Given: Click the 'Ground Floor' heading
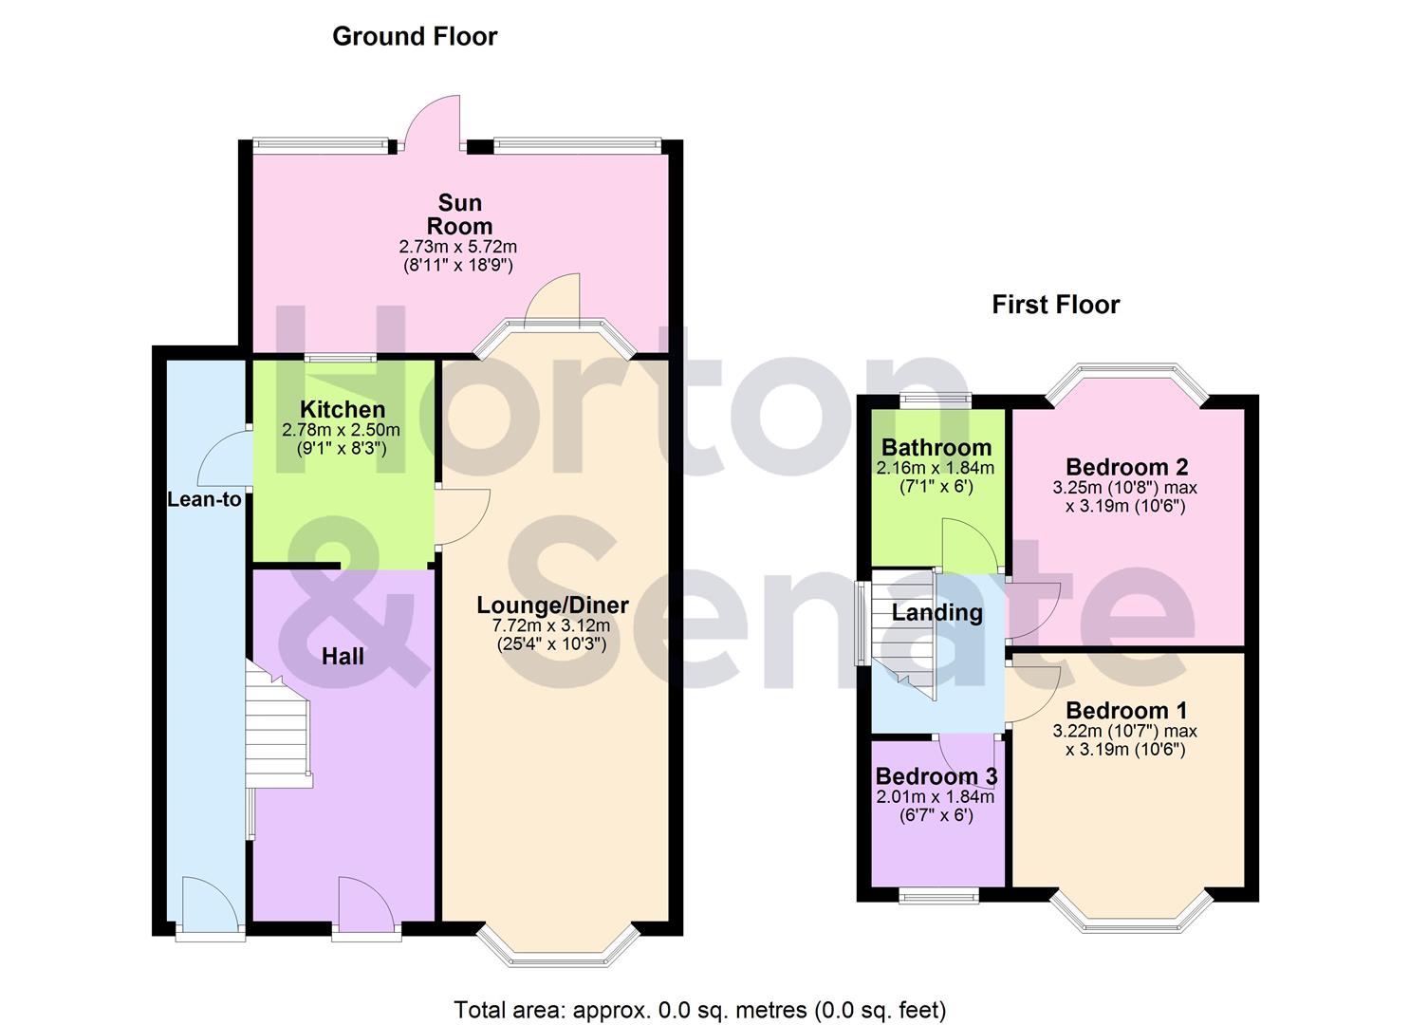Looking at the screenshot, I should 415,37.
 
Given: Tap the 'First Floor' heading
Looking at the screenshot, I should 1055,305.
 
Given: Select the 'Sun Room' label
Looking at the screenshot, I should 459,214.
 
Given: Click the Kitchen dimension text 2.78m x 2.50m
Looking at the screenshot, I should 342,430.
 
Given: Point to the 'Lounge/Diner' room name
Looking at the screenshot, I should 552,606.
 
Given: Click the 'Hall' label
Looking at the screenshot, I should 343,656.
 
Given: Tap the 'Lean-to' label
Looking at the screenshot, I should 204,499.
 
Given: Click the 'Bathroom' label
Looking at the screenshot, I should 936,448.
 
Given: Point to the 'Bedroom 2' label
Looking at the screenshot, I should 1126,467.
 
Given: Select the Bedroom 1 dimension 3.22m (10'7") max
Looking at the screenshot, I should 1124,732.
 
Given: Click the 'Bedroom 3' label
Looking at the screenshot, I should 936,776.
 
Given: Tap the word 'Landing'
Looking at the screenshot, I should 936,612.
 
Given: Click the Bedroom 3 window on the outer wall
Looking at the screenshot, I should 938,894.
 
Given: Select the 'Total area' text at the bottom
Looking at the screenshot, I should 699,1010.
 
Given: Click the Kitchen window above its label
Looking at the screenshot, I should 341,358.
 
